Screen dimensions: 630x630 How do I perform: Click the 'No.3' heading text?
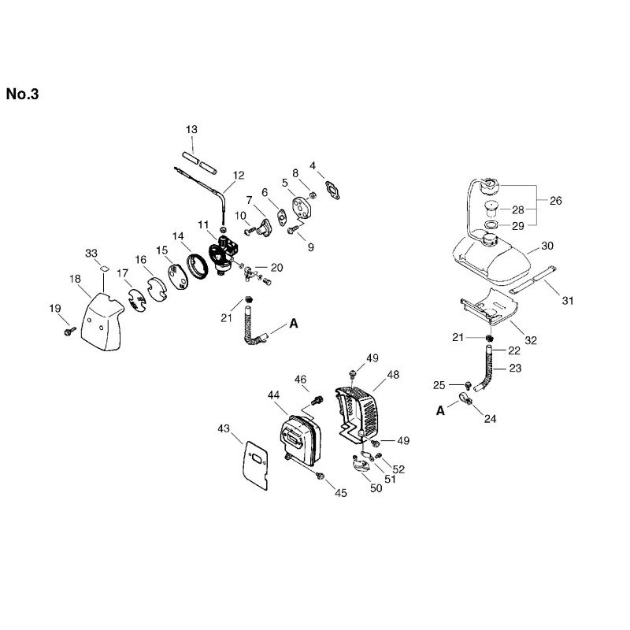[x=23, y=94]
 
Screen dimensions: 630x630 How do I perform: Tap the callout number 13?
[x=191, y=129]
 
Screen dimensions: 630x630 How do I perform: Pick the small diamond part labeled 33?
[x=105, y=269]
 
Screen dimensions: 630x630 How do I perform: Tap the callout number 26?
[x=556, y=201]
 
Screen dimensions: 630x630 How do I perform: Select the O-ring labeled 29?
[x=491, y=224]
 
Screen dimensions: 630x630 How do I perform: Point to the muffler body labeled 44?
[x=300, y=439]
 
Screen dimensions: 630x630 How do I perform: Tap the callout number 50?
[x=376, y=488]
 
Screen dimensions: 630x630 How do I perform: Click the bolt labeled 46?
[x=318, y=400]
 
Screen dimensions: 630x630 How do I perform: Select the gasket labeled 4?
[x=332, y=190]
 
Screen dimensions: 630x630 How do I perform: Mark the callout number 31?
[x=568, y=300]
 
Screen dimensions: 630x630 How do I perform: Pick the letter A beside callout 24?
[x=441, y=410]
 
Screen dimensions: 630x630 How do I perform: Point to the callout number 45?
[x=341, y=493]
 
